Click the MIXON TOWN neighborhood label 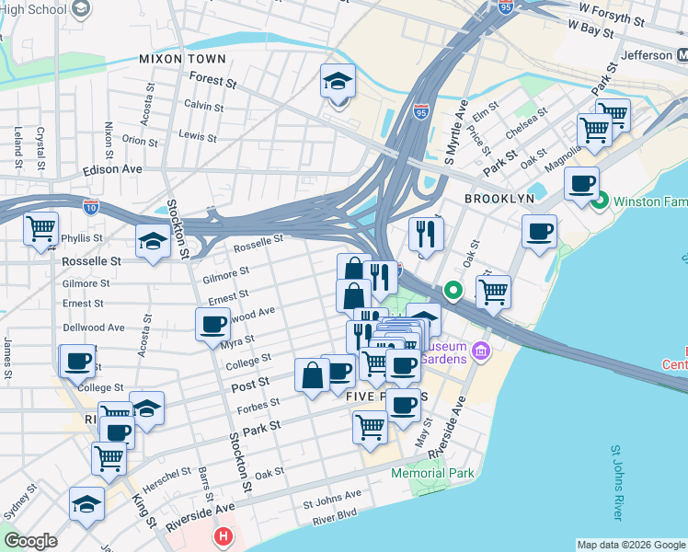tap(181, 59)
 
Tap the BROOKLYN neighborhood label tap(499, 199)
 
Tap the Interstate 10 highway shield tap(90, 208)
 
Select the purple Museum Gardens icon tap(481, 351)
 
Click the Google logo tap(30, 541)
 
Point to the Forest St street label tap(212, 81)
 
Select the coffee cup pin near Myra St tap(212, 324)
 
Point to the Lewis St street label tap(198, 136)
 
